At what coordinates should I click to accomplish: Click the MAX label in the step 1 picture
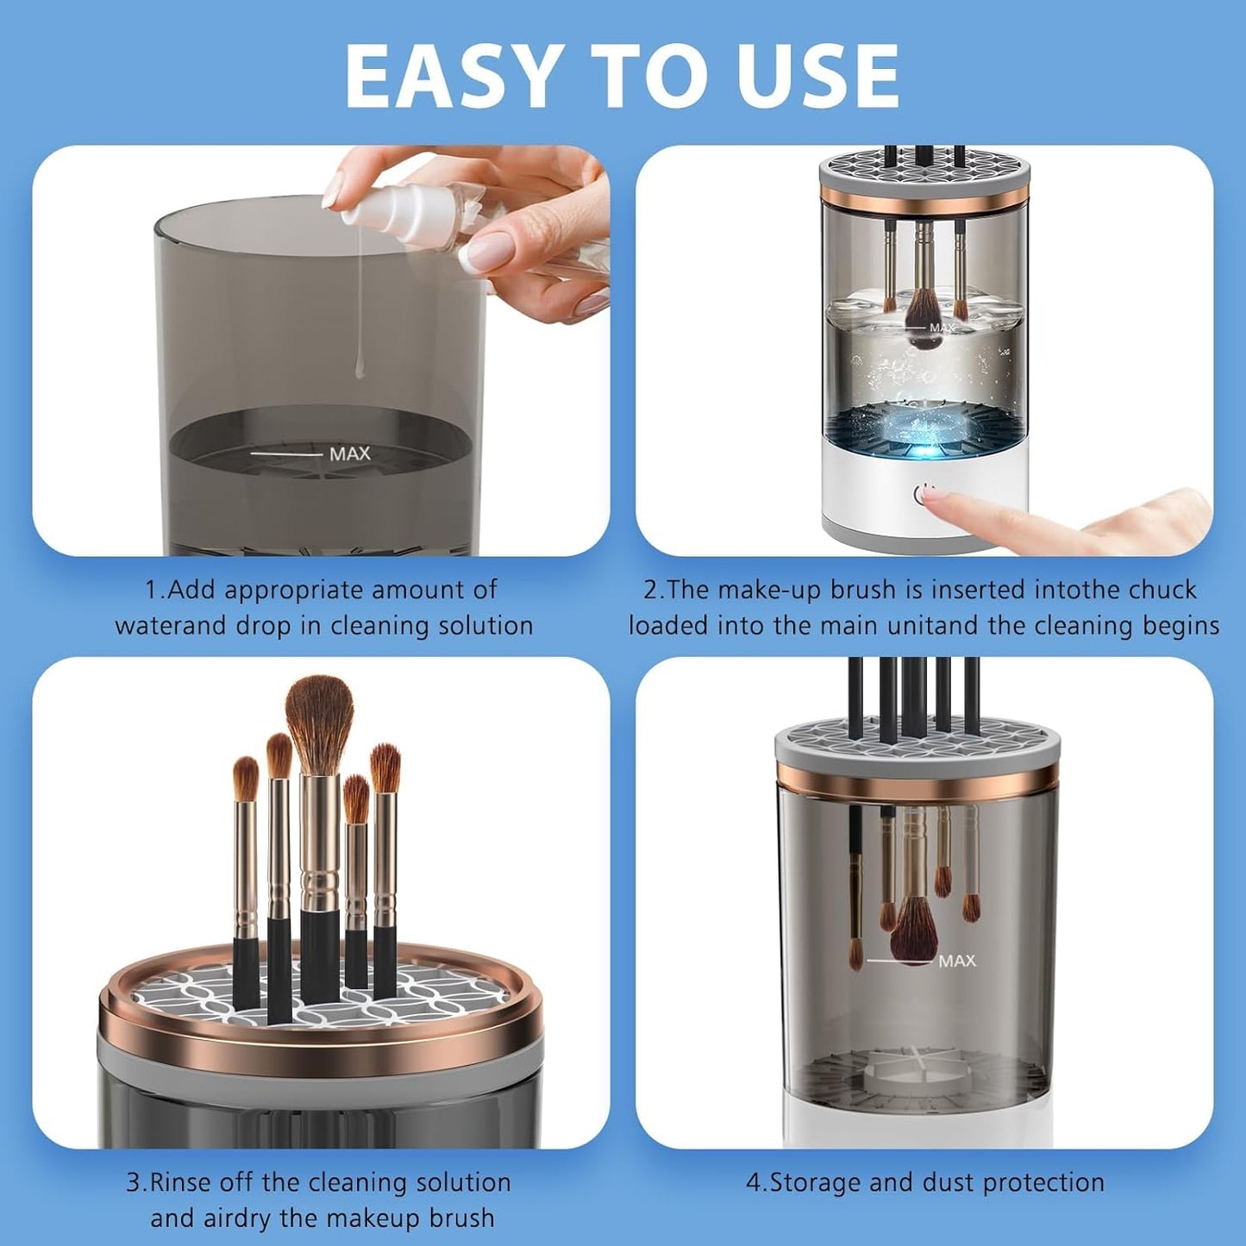349,454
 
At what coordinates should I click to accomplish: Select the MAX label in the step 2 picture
941,328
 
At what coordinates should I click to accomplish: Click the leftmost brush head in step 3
246,778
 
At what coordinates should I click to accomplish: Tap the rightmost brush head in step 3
385,767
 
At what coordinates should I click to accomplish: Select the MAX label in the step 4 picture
957,961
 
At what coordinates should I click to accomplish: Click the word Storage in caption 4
815,1182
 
